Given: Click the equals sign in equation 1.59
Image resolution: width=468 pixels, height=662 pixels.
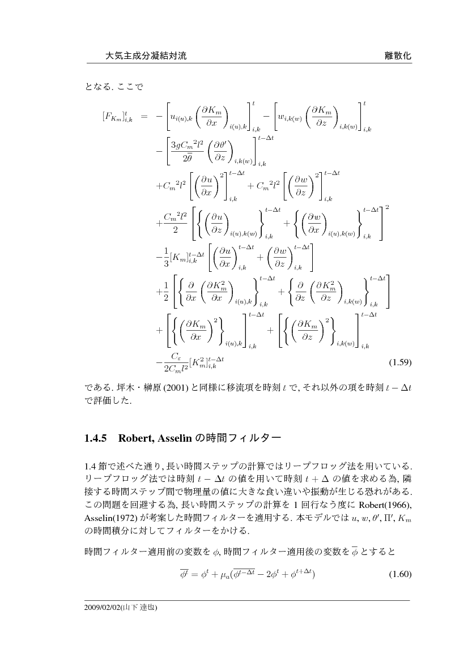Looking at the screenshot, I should click(144, 117).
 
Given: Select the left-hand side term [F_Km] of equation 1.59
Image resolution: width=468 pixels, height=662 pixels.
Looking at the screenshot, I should click(117, 117).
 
